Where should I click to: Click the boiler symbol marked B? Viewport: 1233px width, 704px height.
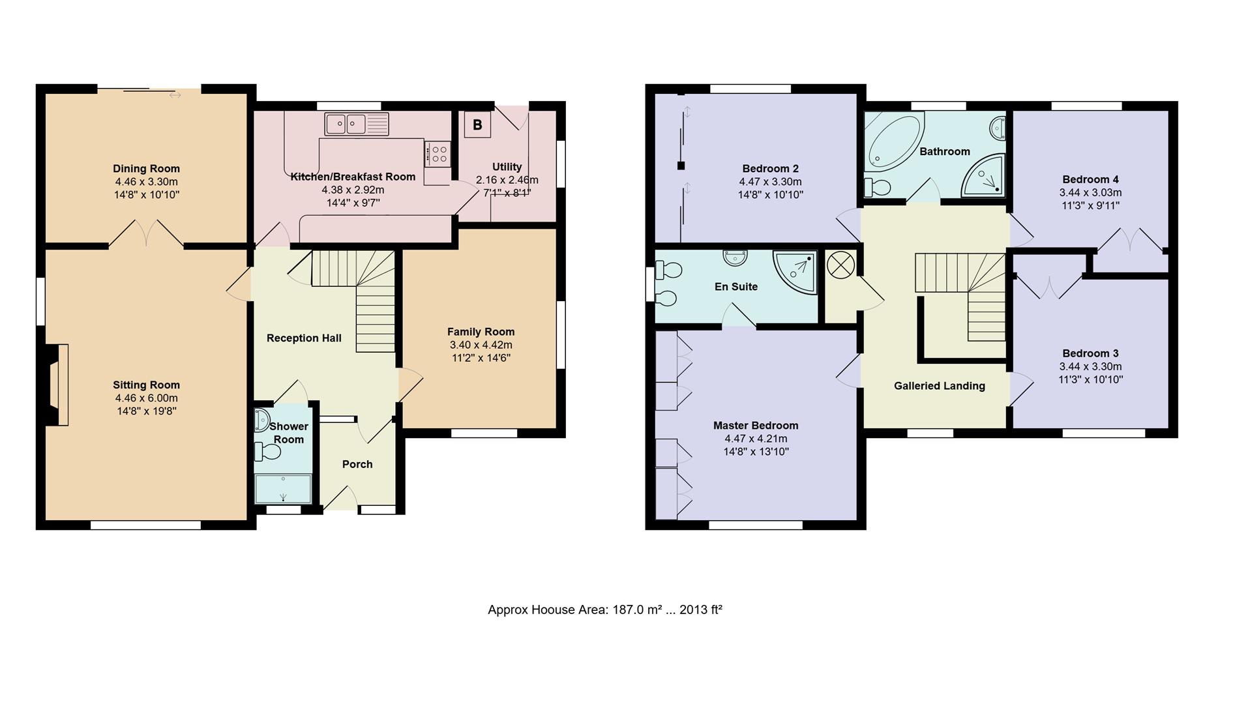477,125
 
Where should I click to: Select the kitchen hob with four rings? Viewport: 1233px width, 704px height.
438,154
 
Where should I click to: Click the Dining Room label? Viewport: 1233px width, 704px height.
146,169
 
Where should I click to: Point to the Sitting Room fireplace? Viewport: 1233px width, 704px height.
57,385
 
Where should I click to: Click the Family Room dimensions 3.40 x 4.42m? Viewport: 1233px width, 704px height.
481,345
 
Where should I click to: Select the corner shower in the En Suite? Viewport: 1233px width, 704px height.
795,272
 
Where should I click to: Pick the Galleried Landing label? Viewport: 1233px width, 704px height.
940,386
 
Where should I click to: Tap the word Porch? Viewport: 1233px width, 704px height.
357,464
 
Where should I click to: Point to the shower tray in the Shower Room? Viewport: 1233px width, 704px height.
283,489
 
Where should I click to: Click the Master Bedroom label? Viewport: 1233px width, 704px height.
756,426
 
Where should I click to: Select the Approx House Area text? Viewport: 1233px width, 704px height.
605,610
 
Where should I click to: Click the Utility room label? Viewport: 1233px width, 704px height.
507,167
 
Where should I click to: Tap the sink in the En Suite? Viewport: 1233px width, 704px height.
735,258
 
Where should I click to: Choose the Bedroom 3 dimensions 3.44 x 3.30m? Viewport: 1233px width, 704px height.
1090,367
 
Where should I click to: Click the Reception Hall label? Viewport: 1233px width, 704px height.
304,338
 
